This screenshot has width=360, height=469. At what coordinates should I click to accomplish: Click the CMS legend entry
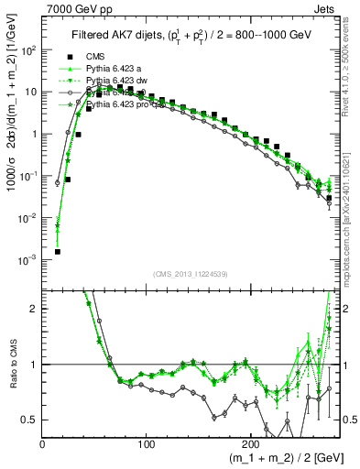[x=96, y=58]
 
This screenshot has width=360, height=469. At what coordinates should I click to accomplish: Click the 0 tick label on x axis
[x=42, y=442]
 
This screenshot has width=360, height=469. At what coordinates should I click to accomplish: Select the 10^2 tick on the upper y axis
[x=29, y=49]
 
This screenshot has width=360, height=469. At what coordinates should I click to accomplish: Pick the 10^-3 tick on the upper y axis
[x=29, y=260]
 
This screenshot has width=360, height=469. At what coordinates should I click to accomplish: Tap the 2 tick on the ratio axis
[x=35, y=309]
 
